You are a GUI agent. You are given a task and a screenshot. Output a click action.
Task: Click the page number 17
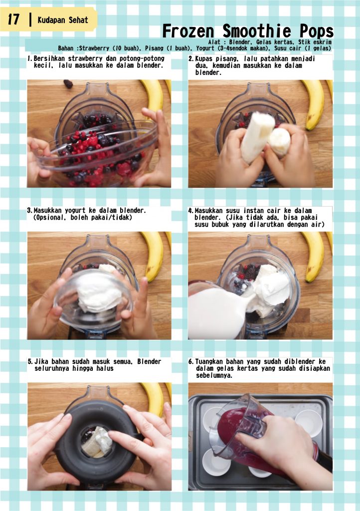click(x=13, y=19)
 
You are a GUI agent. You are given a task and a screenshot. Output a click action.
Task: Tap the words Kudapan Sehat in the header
click(x=63, y=20)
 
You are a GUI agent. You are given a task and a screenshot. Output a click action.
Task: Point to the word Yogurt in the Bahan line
click(x=205, y=48)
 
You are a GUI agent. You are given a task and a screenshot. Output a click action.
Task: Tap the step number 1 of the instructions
click(x=29, y=59)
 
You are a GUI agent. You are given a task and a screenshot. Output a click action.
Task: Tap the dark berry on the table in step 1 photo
click(x=68, y=84)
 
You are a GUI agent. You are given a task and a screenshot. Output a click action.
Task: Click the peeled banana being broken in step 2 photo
click(x=257, y=137)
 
